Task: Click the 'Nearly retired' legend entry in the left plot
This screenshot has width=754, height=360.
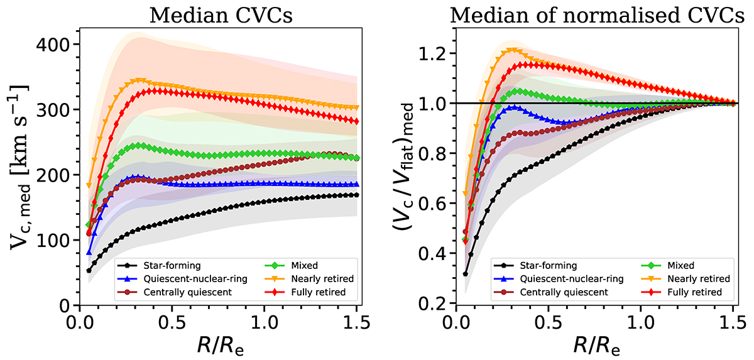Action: coord(307,279)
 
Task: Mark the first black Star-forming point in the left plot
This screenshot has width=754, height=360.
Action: coord(89,271)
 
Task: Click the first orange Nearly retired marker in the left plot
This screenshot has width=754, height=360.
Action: coord(89,185)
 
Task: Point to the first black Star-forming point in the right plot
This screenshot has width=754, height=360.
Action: coord(466,274)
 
